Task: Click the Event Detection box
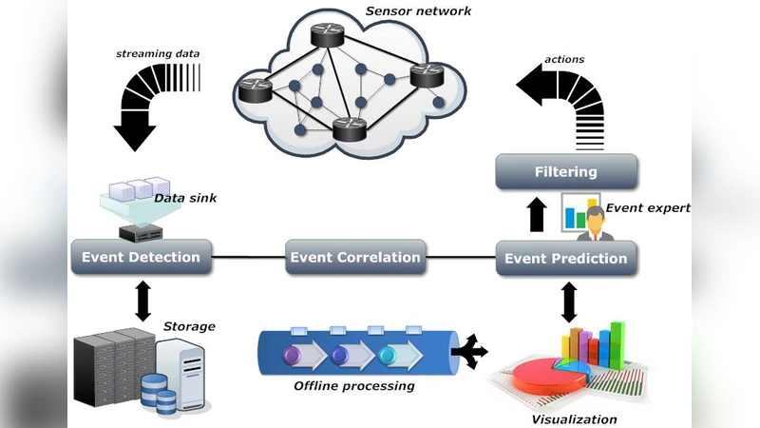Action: coord(141,257)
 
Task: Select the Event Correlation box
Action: coord(354,257)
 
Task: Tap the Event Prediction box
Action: coord(565,258)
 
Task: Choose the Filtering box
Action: coord(565,172)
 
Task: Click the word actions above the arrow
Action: coord(564,59)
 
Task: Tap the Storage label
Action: coord(189,326)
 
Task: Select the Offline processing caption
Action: coord(353,386)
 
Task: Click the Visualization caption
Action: coord(573,418)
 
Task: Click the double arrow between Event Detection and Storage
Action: coord(143,300)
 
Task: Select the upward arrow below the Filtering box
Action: coord(537,215)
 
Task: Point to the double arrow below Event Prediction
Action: coord(569,302)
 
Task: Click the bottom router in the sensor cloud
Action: coord(351,128)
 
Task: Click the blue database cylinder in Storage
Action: coord(158,394)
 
